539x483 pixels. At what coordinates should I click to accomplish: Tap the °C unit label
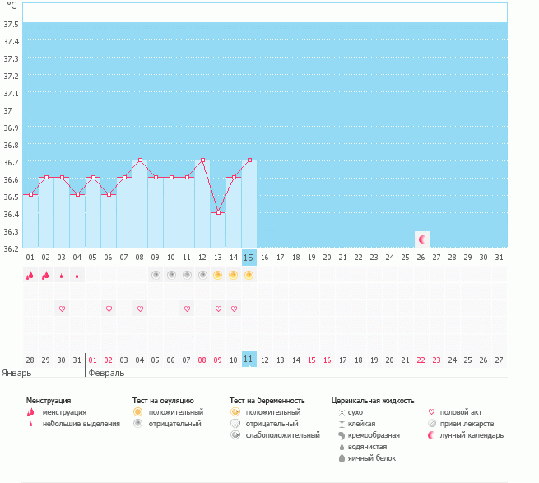12,6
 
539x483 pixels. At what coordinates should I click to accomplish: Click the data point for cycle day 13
217,212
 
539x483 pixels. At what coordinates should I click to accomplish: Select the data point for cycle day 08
140,160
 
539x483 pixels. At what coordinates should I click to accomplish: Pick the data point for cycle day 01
30,194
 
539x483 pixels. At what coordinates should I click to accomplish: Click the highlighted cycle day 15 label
249,258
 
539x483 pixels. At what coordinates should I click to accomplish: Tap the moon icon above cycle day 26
422,239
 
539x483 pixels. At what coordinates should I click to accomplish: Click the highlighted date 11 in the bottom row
249,360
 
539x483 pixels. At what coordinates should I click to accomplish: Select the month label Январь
18,373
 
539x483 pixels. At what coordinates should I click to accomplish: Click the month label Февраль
107,373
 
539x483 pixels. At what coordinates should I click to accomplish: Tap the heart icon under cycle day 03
62,309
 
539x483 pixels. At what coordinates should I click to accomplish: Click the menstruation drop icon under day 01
30,275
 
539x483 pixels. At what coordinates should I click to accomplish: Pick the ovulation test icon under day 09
155,275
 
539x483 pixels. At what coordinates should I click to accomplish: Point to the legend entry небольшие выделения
81,424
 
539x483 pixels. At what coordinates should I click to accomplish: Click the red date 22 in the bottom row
421,360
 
